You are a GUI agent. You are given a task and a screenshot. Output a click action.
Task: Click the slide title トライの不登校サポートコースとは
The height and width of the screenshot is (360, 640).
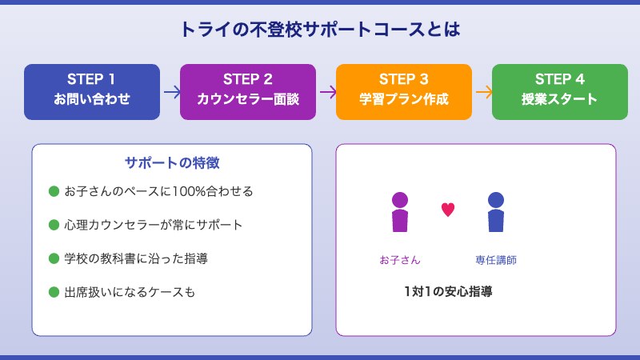tap(320, 30)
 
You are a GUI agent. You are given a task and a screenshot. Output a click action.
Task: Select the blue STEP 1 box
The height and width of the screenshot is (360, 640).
tap(92, 91)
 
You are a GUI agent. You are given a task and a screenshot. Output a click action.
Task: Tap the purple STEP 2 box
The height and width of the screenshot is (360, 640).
tap(248, 91)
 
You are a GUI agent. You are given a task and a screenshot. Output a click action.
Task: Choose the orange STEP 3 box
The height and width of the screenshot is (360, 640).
tap(404, 91)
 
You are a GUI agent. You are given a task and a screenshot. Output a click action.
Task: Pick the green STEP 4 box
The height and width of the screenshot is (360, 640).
tap(560, 91)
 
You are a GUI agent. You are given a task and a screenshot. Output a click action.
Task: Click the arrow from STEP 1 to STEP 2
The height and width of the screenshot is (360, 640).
tap(170, 92)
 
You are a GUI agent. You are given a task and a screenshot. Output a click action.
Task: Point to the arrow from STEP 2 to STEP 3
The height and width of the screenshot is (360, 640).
tap(326, 92)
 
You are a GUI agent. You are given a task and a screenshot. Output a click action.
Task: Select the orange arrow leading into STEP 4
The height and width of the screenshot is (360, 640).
tap(482, 92)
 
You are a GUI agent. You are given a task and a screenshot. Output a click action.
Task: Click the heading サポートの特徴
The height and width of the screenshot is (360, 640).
tap(172, 162)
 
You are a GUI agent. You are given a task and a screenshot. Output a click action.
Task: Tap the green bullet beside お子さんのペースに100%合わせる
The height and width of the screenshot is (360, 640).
tap(54, 191)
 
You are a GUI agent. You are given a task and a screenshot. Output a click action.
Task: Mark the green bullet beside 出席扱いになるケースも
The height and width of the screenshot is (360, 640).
tap(54, 292)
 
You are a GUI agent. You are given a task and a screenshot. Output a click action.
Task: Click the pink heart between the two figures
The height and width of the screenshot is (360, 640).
tap(448, 210)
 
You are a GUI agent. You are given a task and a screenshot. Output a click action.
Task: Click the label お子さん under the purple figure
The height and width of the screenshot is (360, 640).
tap(400, 260)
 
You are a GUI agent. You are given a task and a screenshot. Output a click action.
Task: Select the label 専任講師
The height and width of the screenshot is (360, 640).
tap(496, 260)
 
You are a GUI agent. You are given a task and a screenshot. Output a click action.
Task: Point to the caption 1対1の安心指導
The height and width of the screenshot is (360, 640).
tap(448, 292)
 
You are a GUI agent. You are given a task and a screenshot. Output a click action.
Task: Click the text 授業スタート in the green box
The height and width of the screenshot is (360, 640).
tap(560, 100)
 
